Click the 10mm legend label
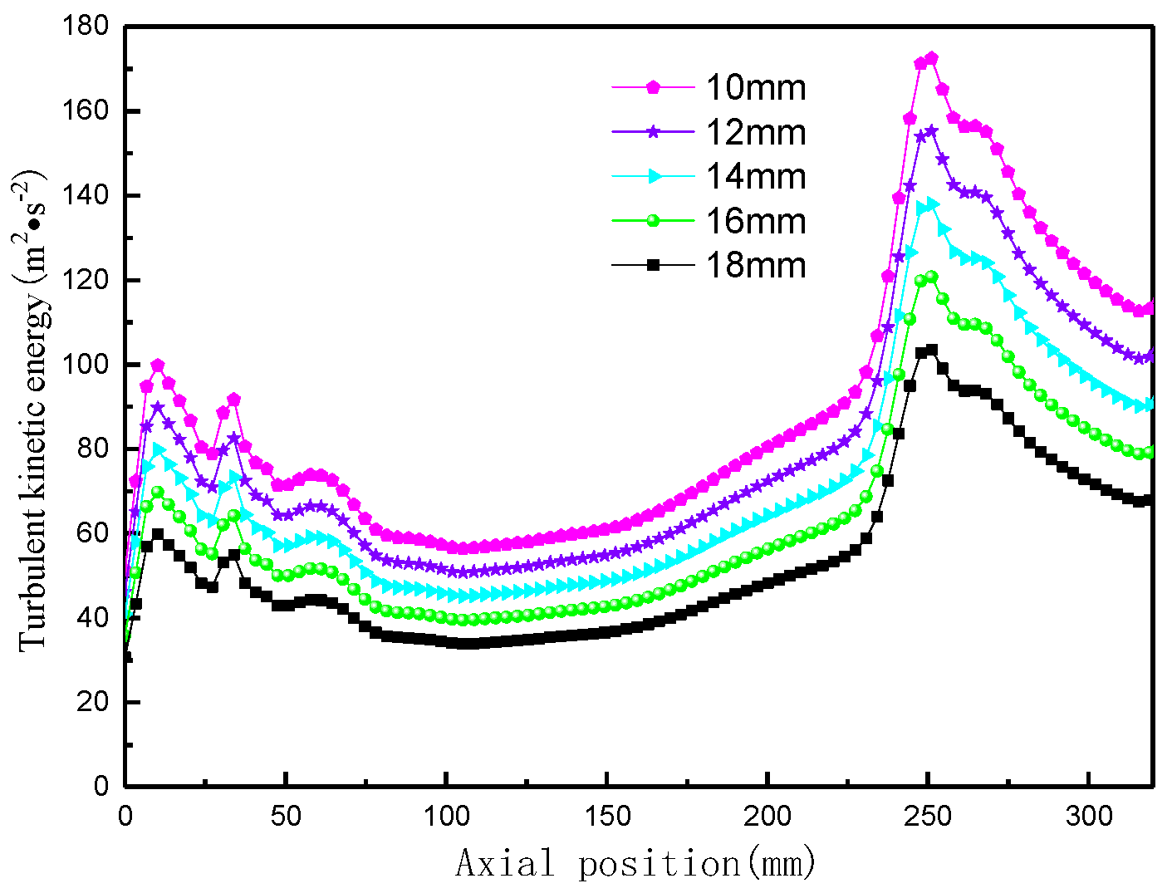tap(756, 87)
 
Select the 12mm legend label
tap(756, 132)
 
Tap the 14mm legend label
tap(756, 176)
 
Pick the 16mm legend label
tap(756, 221)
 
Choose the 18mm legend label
tap(756, 265)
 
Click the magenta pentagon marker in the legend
tap(654, 86)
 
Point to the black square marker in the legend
tap(654, 265)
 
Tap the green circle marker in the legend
tap(654, 220)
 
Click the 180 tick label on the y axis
tap(86, 27)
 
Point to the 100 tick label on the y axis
tap(86, 365)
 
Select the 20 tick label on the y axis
tap(93, 702)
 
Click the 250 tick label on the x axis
tap(928, 817)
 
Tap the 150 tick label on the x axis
tap(607, 817)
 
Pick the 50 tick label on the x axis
tap(286, 817)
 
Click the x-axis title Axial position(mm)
tap(635, 864)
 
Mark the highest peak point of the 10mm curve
tap(931, 58)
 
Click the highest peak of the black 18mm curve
tap(931, 350)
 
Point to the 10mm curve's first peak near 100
tap(157, 366)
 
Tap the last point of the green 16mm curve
tap(1150, 452)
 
